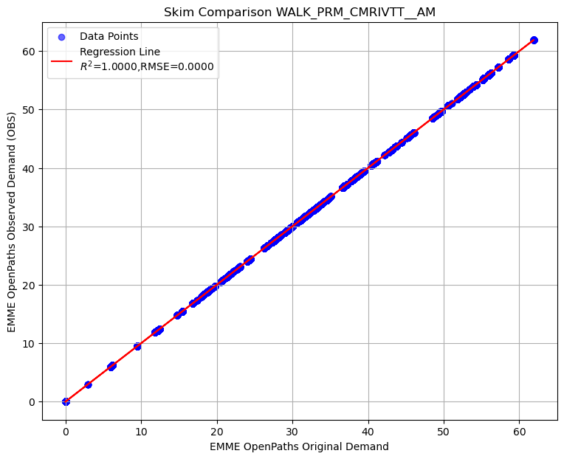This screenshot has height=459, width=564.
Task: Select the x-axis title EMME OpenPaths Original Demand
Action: (x=299, y=446)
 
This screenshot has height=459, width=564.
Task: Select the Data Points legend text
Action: (x=109, y=37)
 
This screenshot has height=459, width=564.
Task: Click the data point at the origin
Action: (x=66, y=401)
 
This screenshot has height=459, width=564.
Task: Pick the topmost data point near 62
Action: (x=534, y=40)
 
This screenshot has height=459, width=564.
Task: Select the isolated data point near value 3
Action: (x=88, y=384)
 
